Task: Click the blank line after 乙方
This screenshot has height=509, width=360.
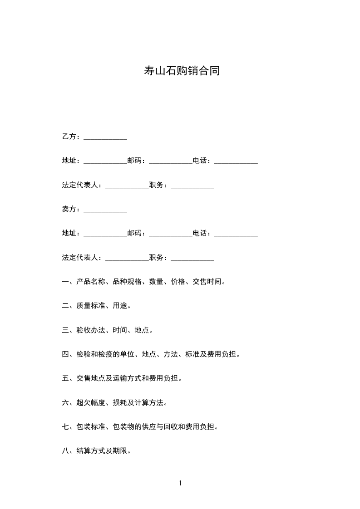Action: pos(105,137)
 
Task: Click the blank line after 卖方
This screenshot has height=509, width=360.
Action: pos(105,210)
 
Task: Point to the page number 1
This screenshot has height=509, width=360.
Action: pos(180,483)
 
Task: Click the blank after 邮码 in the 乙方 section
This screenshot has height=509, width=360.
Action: pos(171,162)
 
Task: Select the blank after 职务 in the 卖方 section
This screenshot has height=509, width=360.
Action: pos(192,259)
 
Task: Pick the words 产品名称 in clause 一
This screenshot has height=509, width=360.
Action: pos(91,282)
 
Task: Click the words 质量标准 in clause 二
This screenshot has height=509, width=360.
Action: pos(91,306)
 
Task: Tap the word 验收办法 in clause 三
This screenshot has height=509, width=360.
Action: pos(91,330)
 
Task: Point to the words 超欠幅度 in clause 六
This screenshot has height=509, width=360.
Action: pos(91,402)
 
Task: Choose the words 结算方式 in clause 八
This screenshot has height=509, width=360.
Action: pos(91,451)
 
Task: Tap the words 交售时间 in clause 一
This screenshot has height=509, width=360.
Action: pos(207,282)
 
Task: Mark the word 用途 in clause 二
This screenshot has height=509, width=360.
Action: pos(120,306)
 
